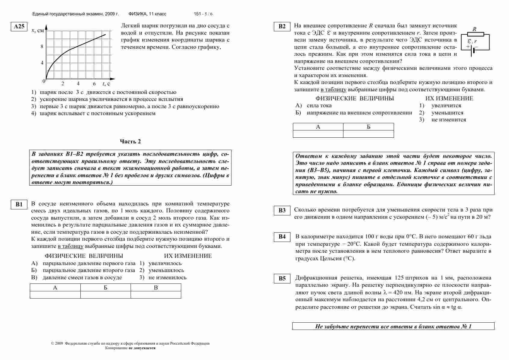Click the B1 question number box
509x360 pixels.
19,205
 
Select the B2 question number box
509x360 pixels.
282,27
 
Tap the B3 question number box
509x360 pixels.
282,211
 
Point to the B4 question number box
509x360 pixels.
282,237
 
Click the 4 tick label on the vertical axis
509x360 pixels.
42,63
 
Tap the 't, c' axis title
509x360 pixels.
106,84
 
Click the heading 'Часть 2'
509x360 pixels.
130,142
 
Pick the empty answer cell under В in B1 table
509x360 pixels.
156,295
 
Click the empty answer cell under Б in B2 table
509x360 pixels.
368,134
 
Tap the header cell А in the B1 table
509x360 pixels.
55,288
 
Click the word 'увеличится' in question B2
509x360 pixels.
446,106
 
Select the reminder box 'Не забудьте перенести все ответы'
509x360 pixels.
393,326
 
